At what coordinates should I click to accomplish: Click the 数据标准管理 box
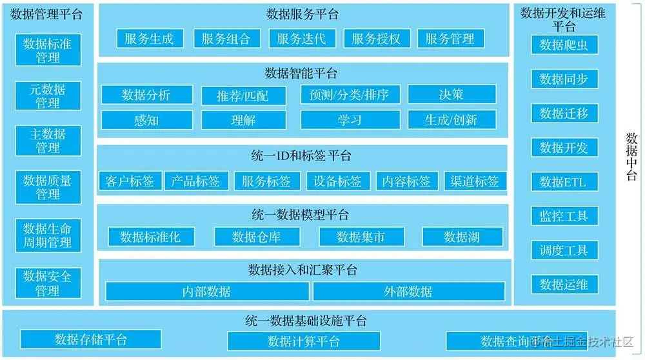click(x=48, y=50)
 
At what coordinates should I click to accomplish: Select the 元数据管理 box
click(x=48, y=95)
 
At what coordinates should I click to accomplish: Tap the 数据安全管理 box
click(x=48, y=283)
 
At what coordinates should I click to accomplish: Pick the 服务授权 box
click(x=376, y=39)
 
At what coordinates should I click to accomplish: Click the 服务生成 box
click(x=150, y=39)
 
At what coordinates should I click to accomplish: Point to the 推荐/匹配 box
click(x=243, y=96)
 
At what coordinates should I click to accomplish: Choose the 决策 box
click(x=451, y=94)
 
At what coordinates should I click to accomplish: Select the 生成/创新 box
click(x=451, y=120)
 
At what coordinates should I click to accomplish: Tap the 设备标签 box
click(x=338, y=181)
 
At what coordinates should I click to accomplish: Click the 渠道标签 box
click(x=475, y=181)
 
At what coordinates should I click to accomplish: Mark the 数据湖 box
click(x=462, y=237)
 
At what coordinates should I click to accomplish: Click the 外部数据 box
click(x=408, y=292)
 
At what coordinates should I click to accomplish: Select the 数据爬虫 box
click(x=564, y=45)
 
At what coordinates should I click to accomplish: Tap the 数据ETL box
click(x=564, y=182)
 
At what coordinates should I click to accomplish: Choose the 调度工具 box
click(x=564, y=250)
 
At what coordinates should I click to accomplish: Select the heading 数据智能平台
click(x=301, y=73)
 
